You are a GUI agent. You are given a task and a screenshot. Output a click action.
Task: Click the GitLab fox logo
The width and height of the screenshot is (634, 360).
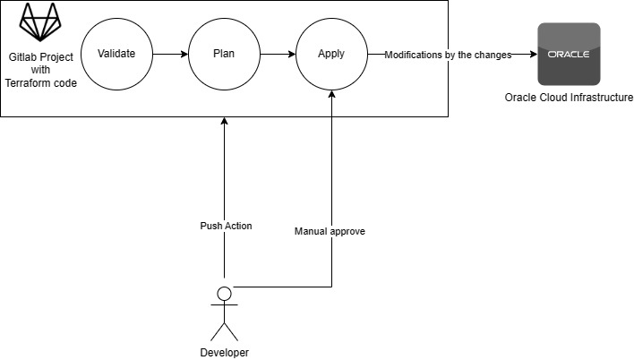[x=40, y=21]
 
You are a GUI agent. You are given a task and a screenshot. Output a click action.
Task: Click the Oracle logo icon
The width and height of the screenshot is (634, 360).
[x=569, y=55]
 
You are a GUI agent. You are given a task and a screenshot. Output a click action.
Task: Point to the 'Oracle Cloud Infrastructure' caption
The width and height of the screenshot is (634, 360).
[x=569, y=98]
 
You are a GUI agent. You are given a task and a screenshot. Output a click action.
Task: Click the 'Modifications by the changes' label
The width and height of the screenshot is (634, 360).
[x=448, y=55]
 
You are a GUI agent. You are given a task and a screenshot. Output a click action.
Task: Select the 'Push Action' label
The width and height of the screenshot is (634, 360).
[x=226, y=226]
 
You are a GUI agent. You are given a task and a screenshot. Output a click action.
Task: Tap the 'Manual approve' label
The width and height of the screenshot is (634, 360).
[x=330, y=231]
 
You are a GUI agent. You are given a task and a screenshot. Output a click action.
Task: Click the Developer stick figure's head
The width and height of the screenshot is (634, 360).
[x=225, y=294]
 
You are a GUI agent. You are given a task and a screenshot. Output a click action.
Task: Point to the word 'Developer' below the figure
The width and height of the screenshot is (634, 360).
[x=225, y=352]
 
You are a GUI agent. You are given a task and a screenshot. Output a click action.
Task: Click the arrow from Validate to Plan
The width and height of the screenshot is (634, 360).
[x=171, y=55]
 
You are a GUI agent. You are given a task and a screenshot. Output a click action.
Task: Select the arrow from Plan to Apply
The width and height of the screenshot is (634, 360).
[x=278, y=55]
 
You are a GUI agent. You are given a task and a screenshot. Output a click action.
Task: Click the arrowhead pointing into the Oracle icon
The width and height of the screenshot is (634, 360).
[x=534, y=55]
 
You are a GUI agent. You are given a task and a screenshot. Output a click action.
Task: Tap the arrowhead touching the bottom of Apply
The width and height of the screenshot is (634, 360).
[x=332, y=94]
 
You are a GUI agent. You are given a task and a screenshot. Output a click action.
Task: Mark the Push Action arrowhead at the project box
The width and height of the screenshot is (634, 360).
[x=225, y=121]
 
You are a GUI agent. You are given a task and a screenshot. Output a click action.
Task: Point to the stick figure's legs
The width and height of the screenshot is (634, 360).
[x=225, y=331]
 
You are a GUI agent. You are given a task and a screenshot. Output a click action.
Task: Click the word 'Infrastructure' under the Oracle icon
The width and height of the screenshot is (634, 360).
[x=602, y=98]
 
